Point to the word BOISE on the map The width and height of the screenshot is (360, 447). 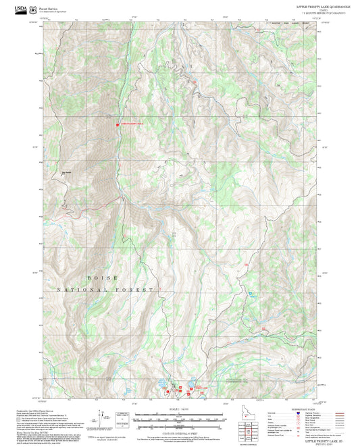tap(102, 278)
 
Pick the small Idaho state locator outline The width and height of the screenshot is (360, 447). tap(247, 411)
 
